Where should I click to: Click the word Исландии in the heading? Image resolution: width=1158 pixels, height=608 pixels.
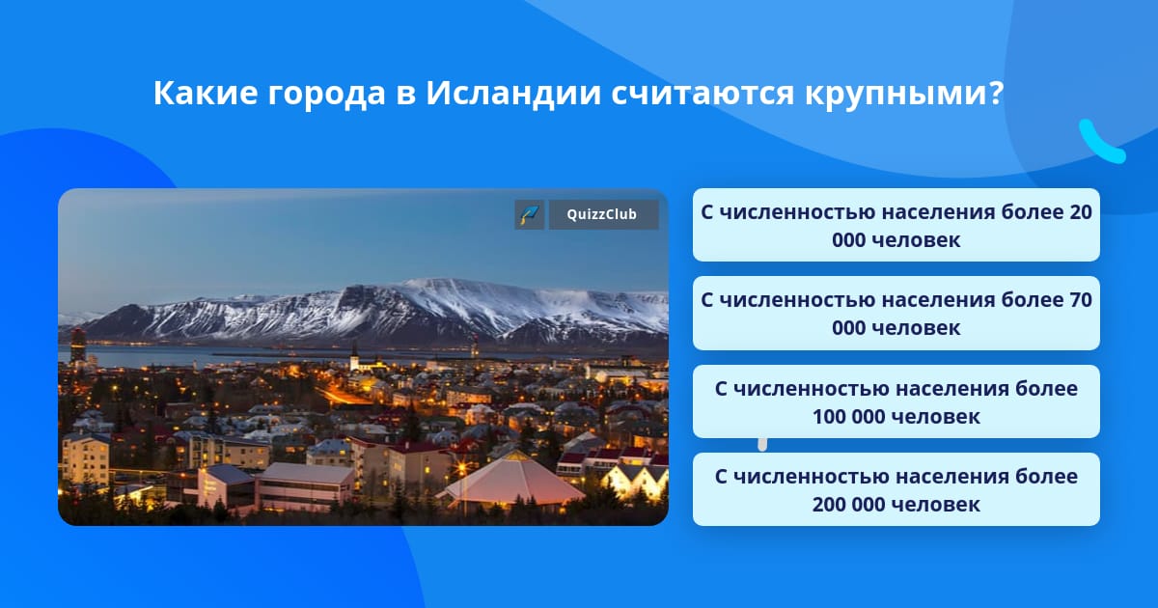click(x=513, y=94)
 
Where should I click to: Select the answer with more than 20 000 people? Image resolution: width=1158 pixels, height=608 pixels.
click(x=896, y=225)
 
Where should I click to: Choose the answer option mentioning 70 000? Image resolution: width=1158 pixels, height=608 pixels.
click(x=896, y=314)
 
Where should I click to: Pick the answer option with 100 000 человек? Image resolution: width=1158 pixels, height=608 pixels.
click(x=896, y=401)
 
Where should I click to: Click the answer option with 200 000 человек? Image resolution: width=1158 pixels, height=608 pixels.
click(x=896, y=489)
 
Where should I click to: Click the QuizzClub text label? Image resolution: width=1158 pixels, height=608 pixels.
click(x=602, y=214)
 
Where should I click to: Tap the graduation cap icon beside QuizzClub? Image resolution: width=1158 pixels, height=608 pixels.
click(x=529, y=214)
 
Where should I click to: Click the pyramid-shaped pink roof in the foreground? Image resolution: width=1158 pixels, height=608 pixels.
click(x=512, y=480)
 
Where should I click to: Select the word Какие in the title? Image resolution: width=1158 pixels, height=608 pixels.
click(x=206, y=94)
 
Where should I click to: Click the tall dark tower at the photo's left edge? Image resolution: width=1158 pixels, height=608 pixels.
click(x=78, y=345)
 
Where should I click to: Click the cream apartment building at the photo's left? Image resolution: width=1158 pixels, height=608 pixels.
click(x=86, y=460)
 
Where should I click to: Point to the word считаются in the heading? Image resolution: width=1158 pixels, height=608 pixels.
click(x=703, y=95)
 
